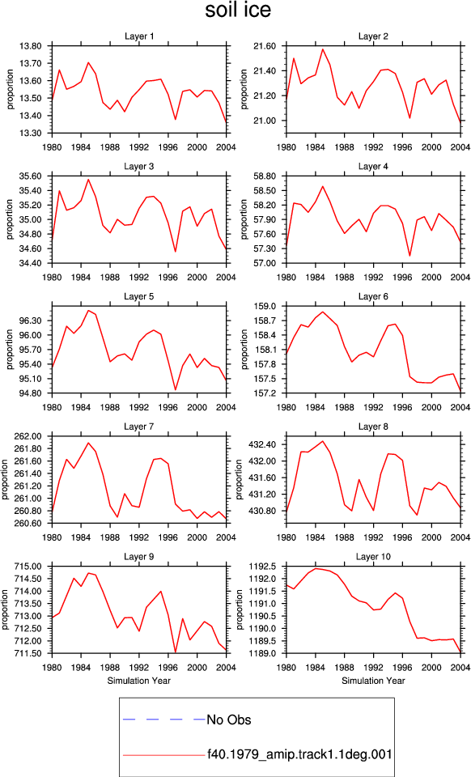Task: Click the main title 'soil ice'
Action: [x=238, y=11]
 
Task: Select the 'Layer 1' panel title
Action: [x=139, y=36]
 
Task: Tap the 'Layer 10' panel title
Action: [x=373, y=557]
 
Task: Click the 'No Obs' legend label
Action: [x=229, y=720]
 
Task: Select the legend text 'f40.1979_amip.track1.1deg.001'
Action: [x=299, y=754]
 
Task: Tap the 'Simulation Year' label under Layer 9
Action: [x=139, y=681]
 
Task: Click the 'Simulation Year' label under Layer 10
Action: [x=373, y=681]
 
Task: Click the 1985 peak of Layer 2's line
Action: [x=322, y=49]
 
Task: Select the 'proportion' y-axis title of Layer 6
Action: [x=244, y=350]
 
